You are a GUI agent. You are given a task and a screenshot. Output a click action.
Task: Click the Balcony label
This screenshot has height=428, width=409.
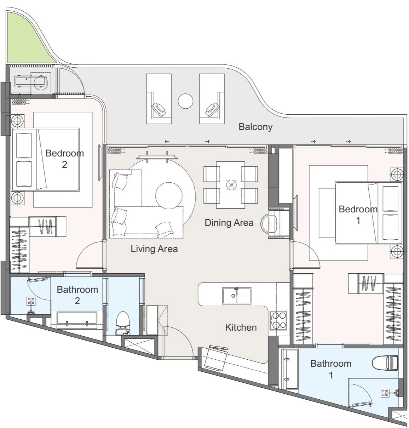point(255,127)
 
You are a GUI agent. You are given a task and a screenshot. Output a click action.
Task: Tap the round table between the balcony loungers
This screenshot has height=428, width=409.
point(185,101)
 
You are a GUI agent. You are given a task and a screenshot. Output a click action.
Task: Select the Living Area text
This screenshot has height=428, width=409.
point(154,249)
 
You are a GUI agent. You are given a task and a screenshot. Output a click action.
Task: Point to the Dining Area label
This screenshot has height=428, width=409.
point(229,223)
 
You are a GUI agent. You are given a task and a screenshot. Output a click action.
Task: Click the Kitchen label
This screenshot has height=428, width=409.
point(241,327)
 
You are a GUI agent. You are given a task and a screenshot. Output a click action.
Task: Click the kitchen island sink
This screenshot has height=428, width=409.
point(236,295)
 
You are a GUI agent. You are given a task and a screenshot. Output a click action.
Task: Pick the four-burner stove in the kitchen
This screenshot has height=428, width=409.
point(278,320)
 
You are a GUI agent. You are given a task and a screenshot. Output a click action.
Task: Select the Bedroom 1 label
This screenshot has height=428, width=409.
point(358,215)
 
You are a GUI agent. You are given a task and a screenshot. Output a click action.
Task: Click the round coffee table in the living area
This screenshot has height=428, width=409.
point(168,195)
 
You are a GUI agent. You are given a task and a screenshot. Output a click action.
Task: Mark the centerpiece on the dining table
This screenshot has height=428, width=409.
point(231,185)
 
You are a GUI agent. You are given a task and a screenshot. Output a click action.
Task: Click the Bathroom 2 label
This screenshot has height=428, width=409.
point(77,295)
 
